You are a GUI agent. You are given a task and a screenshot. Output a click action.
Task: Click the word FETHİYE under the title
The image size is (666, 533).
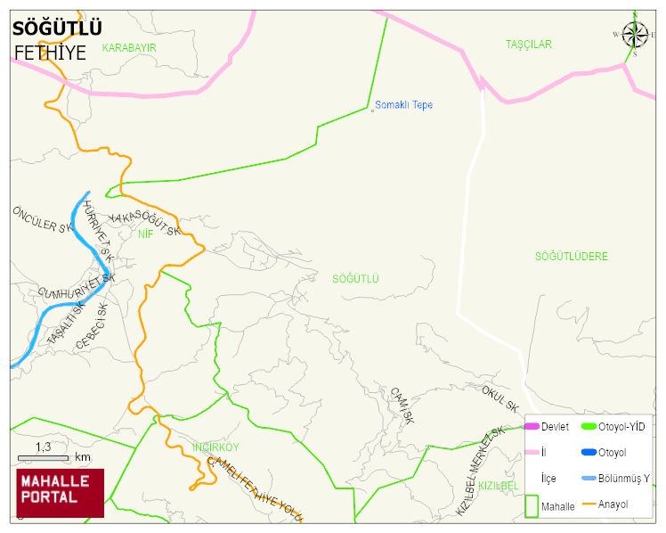(50, 53)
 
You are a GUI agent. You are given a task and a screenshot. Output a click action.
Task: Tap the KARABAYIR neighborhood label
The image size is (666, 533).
(129, 46)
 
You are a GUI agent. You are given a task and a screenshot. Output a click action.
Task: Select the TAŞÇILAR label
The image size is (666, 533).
(529, 44)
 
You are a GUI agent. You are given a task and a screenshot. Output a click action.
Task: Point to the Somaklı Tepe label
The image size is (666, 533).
(403, 105)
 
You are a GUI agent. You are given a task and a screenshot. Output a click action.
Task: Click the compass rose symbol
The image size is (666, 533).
(635, 35)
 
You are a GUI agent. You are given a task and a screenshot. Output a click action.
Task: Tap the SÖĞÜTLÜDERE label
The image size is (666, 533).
(571, 257)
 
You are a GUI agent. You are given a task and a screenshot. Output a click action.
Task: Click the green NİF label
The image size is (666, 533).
(146, 234)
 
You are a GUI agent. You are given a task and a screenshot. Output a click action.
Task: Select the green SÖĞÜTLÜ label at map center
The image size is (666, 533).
(355, 279)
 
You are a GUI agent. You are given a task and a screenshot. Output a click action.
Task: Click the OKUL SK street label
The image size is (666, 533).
(499, 398)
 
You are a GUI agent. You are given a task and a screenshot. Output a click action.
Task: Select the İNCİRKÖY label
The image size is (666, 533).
(215, 447)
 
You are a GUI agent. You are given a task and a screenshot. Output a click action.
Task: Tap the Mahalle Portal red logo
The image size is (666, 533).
(61, 492)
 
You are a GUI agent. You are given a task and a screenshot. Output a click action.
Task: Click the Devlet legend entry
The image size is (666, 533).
(555, 427)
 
